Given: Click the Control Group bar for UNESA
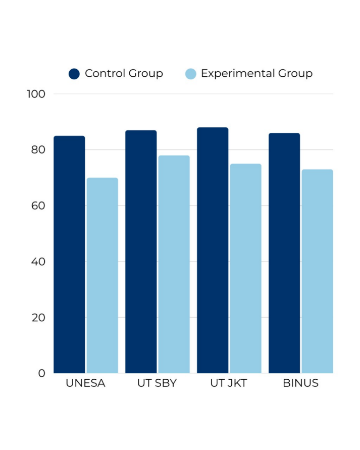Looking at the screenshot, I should (x=70, y=255).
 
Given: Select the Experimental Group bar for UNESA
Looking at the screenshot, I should (x=102, y=276).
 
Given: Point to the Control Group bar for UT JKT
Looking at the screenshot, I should (x=213, y=251).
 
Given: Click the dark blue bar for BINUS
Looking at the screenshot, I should (x=284, y=253).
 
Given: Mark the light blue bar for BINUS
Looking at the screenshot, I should (x=317, y=271).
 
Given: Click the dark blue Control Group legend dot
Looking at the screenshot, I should (x=74, y=74).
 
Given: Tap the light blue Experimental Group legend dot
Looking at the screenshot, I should (x=190, y=74).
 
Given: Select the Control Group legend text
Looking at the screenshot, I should (x=124, y=74).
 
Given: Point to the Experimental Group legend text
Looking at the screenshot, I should (x=256, y=74).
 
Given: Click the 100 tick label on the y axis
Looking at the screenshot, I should (x=36, y=94).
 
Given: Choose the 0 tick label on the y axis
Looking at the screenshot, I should (x=42, y=373).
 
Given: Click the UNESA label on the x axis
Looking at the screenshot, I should (x=86, y=383).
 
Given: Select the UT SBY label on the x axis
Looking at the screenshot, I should (x=157, y=383).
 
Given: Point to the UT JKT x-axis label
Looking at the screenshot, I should (x=229, y=383).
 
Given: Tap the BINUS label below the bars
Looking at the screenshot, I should (x=301, y=383).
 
